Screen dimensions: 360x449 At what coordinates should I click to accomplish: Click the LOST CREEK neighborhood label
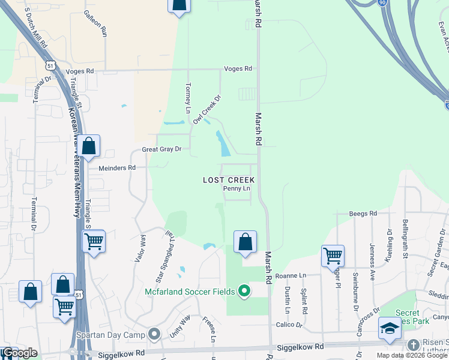click(x=229, y=180)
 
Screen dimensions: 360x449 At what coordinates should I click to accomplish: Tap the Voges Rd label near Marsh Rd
click(x=238, y=69)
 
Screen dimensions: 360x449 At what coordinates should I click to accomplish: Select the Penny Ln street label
click(x=237, y=188)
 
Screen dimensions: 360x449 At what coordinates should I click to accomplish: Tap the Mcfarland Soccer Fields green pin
click(x=244, y=292)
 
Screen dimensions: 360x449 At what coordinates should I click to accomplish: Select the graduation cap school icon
click(x=390, y=328)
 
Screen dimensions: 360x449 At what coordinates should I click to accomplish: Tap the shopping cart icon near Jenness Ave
click(x=333, y=256)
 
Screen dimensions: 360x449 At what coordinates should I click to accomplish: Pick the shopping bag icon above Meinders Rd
click(x=89, y=146)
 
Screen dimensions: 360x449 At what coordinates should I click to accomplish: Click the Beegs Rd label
click(x=363, y=214)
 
